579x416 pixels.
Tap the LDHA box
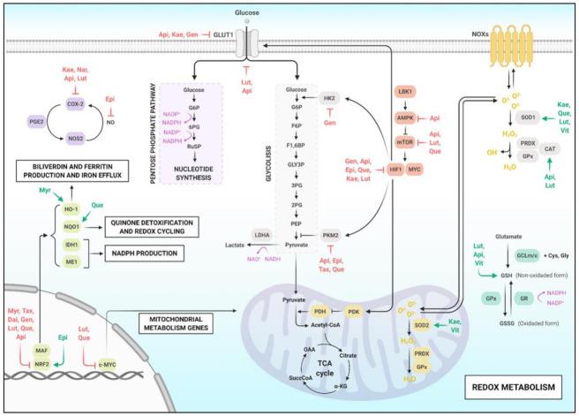(261, 236)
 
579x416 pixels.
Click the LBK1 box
(408, 92)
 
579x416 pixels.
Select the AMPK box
(408, 117)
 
